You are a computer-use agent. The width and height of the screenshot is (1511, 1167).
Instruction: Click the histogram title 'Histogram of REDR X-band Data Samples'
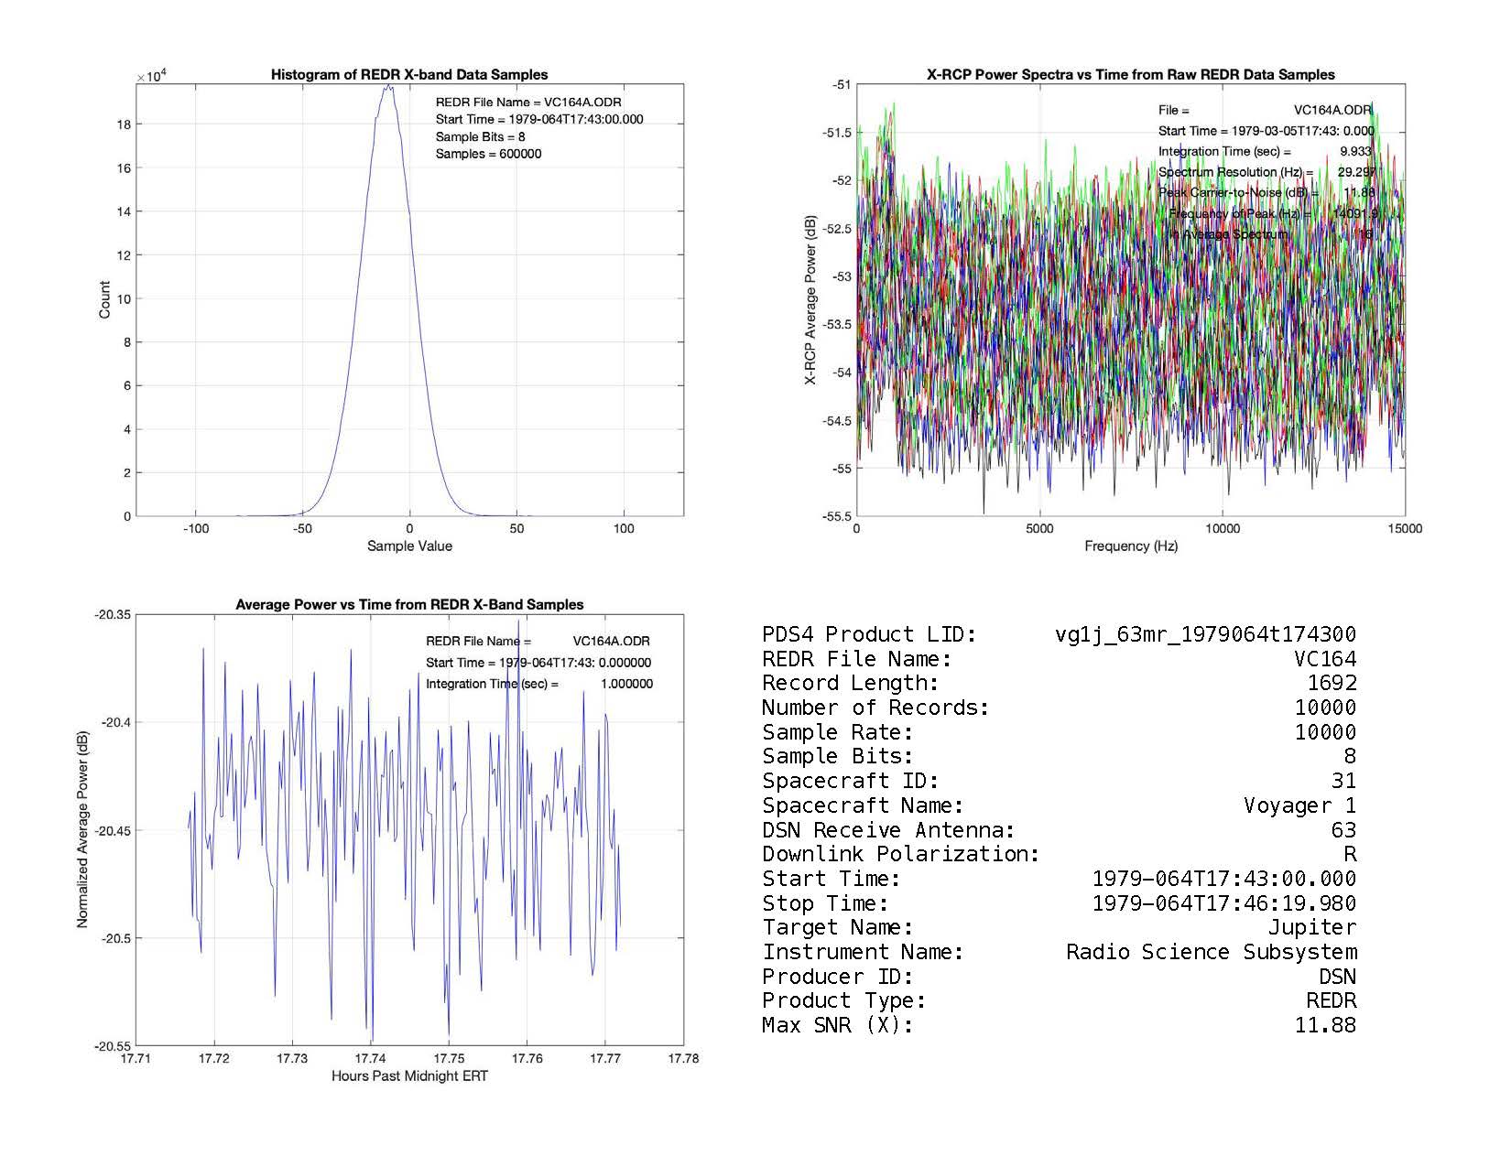409,75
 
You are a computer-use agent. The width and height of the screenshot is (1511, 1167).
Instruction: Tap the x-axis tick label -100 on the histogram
195,529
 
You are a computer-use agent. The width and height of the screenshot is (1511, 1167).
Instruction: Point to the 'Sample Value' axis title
409,546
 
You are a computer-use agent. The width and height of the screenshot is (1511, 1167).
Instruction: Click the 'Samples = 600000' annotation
488,154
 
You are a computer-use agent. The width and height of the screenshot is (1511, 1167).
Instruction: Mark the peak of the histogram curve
389,86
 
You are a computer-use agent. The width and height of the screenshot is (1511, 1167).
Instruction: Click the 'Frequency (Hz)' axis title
1131,546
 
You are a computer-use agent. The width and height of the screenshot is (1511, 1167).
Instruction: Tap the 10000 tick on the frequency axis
1223,529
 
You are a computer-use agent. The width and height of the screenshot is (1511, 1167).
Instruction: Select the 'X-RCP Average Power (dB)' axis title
810,300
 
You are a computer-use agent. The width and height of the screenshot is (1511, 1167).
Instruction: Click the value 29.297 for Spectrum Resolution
1356,172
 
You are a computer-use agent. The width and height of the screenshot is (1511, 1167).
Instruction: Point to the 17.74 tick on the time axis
371,1059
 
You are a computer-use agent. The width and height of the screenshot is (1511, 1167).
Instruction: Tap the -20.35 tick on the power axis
114,615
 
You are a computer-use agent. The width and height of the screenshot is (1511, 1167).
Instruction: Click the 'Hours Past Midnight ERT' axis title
409,1076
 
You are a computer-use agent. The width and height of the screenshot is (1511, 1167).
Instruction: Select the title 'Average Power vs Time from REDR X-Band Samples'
409,605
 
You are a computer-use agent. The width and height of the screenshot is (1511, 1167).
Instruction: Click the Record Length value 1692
1332,684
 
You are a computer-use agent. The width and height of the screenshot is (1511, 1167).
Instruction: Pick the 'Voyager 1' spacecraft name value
1299,806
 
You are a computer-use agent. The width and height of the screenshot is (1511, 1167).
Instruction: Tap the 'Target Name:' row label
838,928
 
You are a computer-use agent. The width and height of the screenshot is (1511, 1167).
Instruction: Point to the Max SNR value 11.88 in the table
1325,1026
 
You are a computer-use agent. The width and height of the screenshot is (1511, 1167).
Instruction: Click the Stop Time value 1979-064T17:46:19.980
1224,904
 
